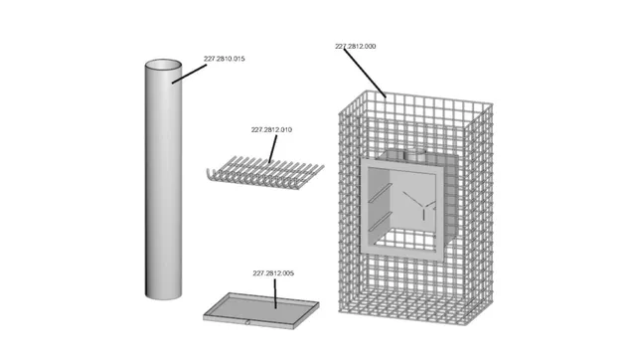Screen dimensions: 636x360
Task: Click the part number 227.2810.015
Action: (x=225, y=59)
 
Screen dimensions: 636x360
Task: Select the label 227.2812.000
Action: (x=356, y=47)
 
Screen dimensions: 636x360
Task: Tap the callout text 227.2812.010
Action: (x=271, y=130)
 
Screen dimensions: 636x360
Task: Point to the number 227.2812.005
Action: (x=273, y=273)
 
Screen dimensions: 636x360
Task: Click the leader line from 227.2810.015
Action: (x=189, y=74)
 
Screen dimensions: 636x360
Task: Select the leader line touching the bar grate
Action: (x=273, y=148)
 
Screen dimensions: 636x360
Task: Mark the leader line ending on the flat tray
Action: (x=275, y=293)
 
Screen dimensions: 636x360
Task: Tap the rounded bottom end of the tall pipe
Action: (x=163, y=297)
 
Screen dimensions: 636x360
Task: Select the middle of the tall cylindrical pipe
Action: (x=163, y=179)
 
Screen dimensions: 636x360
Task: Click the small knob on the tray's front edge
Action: (x=247, y=323)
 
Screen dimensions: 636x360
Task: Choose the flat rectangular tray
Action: (x=261, y=310)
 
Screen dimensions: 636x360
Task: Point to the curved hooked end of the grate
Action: (x=210, y=175)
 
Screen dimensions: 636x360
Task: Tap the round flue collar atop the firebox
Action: (x=415, y=154)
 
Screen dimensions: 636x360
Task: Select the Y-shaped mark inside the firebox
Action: (x=419, y=205)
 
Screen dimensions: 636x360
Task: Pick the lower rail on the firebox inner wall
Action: (x=381, y=221)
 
